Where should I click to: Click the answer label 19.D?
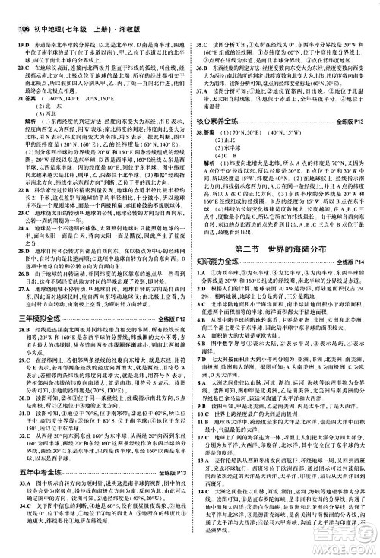pos(21,24)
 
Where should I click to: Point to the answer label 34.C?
pos(21,527)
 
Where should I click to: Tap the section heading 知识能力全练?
pos(225,262)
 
